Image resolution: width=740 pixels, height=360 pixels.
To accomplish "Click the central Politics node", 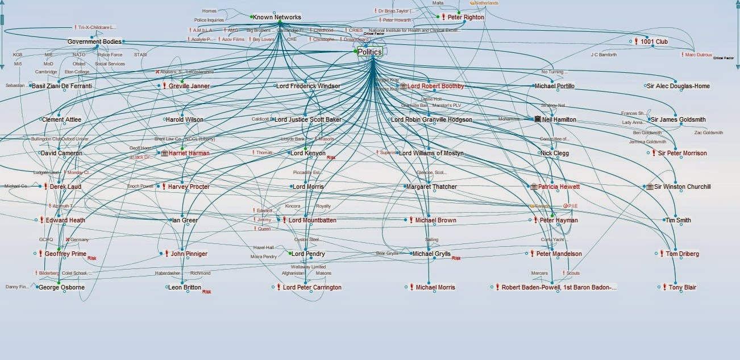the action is (x=369, y=52).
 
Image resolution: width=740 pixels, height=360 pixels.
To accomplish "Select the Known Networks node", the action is (x=277, y=17).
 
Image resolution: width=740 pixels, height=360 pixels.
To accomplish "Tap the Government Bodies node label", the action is (x=94, y=42).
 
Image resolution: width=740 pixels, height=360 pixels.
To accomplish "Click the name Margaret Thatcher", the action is (x=431, y=187).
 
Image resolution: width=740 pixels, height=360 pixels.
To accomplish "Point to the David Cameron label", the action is (x=61, y=153).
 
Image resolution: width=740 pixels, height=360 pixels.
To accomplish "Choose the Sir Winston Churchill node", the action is (x=682, y=187).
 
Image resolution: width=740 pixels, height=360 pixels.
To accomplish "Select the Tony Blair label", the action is (x=682, y=287).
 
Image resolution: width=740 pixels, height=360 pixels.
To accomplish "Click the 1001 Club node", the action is (x=654, y=42).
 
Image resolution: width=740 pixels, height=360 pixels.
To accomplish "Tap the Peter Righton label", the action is (x=465, y=17).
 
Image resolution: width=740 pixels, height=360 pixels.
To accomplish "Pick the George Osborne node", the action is (x=61, y=287).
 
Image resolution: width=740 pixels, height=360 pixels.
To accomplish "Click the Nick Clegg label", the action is (x=554, y=153).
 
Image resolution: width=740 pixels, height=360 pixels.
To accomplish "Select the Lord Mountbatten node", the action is (x=312, y=220).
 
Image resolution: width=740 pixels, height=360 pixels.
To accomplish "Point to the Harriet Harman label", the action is (x=189, y=153).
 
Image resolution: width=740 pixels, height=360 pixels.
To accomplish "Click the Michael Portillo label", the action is (x=554, y=86).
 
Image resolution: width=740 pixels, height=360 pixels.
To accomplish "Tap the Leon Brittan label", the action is (x=184, y=287).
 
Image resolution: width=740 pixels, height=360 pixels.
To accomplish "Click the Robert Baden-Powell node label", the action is (x=558, y=287).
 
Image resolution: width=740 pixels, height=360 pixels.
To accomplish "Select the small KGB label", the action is (x=18, y=55).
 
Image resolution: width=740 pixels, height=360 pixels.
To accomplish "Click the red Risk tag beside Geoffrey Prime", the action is (x=92, y=258).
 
